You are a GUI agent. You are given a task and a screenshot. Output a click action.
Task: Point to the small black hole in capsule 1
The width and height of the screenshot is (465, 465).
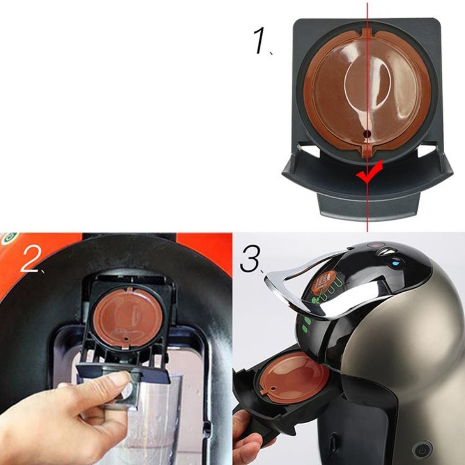click(x=367, y=134)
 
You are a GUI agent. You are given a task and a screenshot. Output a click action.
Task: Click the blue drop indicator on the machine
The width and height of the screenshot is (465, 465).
click(x=396, y=262)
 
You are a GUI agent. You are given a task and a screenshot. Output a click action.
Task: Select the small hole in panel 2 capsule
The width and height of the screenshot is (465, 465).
click(x=127, y=338)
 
